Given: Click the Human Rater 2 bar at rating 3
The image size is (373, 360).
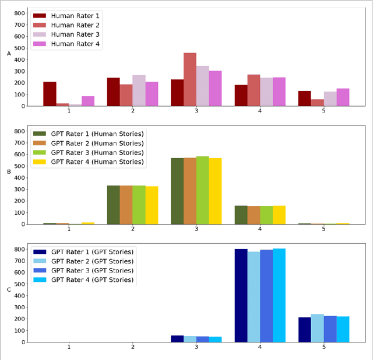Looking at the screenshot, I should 190,79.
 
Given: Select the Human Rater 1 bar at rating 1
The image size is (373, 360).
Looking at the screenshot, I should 50,94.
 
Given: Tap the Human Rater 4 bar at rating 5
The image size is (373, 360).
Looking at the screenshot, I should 343,97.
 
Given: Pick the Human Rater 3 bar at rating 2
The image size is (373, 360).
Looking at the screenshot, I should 139,90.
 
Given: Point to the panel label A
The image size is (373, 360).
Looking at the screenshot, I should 9,54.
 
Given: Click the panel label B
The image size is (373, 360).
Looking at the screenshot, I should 9,172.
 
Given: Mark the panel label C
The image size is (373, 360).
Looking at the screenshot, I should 9,290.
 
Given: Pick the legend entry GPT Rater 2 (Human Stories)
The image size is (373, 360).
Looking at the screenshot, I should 96,143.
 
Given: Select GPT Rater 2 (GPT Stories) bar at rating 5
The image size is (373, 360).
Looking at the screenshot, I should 317,328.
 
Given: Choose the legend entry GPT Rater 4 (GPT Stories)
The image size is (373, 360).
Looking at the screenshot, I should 92,280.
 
